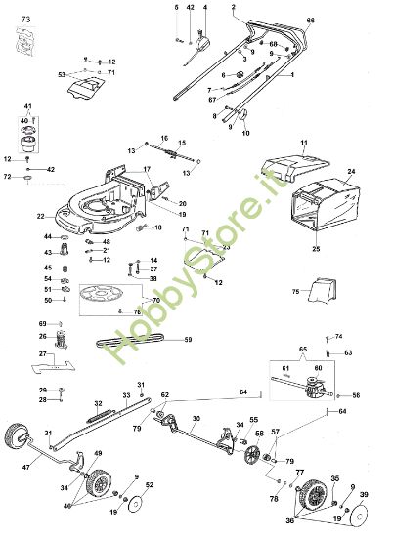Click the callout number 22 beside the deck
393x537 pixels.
(40, 216)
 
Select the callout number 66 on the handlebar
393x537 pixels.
(311, 20)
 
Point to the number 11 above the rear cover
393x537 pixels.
(303, 144)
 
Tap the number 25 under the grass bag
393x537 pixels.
(315, 250)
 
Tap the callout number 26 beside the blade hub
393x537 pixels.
(42, 336)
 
